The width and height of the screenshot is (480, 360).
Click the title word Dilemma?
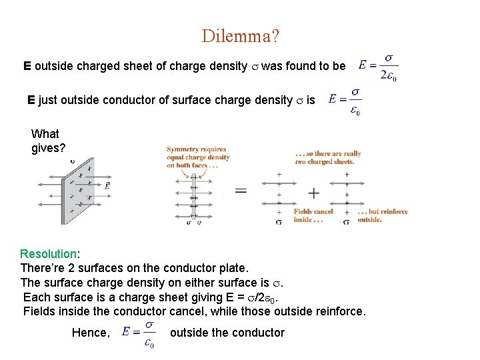click(240, 36)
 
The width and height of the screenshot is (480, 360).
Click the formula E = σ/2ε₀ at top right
click(379, 65)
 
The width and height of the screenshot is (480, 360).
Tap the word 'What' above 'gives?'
click(45, 133)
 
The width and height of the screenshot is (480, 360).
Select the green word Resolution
click(49, 254)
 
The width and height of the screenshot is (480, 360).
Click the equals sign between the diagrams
click(240, 191)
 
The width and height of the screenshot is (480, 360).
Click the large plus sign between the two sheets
click(313, 193)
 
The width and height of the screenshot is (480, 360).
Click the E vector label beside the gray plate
click(107, 186)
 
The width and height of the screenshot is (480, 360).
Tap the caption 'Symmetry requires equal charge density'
click(198, 157)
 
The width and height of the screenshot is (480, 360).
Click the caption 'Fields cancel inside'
click(313, 215)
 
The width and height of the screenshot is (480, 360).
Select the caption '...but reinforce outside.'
click(382, 215)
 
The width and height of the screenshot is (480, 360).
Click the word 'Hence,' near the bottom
click(91, 333)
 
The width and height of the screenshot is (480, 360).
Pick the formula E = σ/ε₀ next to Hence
click(139, 332)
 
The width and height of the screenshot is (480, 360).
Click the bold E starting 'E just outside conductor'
click(31, 100)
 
